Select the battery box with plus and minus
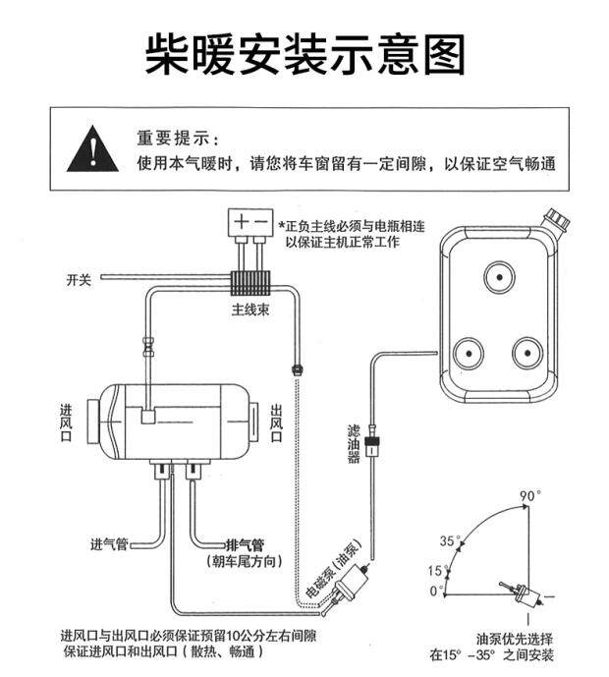point(251,220)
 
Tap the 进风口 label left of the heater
point(68,423)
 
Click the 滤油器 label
point(354,443)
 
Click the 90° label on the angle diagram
point(530,495)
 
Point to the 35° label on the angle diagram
point(449,540)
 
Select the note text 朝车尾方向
point(245,561)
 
